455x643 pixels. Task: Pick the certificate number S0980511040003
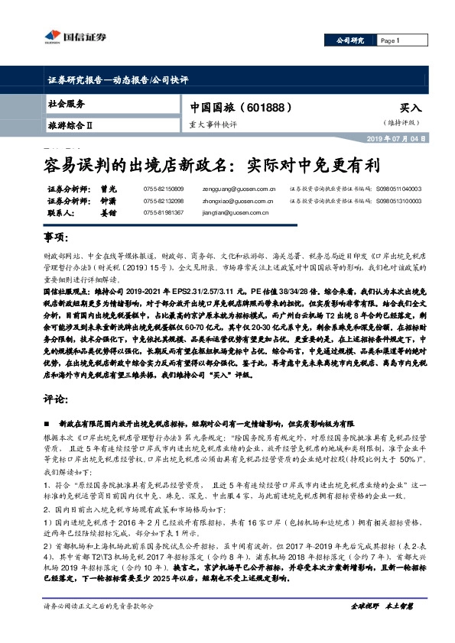[398, 188]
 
